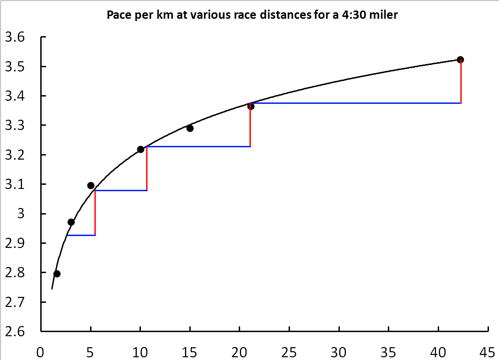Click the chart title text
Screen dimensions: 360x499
coord(252,15)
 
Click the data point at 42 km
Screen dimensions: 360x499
coord(460,59)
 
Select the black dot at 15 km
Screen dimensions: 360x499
coord(190,128)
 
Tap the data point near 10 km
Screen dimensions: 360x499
coord(140,149)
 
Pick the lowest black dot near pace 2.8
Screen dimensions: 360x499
coord(57,274)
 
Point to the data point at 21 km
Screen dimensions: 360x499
coord(251,106)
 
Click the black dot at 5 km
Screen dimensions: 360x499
coord(91,185)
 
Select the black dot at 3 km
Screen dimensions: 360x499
coord(71,222)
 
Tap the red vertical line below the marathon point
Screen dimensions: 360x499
coord(461,82)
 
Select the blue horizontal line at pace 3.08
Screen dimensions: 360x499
coord(121,190)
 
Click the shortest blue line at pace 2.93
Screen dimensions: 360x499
coord(81,235)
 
